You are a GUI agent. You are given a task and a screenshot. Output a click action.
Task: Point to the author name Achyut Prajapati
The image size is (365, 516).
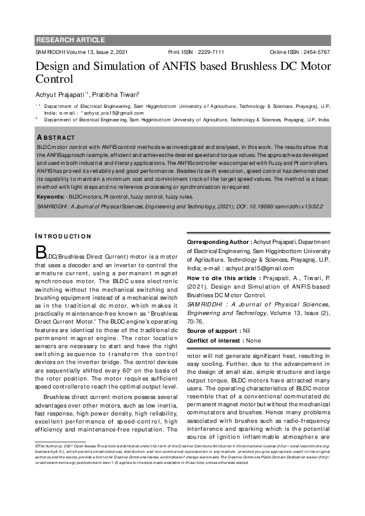60,94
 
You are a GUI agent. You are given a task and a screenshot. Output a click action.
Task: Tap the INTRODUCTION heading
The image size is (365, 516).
63,236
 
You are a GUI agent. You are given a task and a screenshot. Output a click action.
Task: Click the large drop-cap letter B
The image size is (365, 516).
41,252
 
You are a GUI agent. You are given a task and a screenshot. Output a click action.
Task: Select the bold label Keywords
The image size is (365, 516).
51,197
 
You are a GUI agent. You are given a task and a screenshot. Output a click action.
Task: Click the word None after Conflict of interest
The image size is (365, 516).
253,340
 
